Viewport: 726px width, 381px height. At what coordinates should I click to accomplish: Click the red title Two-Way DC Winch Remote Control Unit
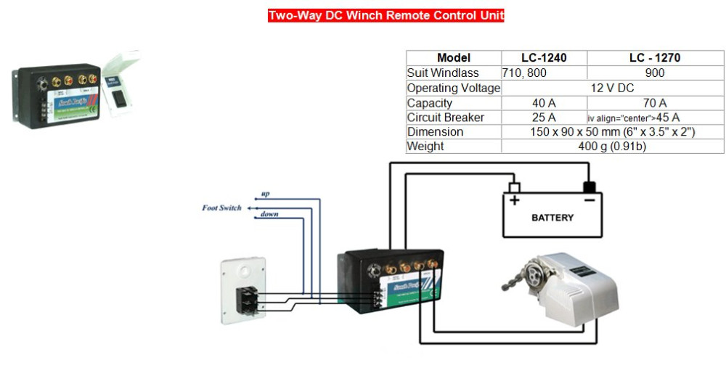[386, 15]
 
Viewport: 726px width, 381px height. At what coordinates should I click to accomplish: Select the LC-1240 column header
[544, 58]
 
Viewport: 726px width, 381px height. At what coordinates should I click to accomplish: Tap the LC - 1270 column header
[655, 58]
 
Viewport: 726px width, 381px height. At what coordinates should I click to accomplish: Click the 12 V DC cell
[612, 88]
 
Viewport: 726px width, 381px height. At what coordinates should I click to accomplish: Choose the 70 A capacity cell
[655, 103]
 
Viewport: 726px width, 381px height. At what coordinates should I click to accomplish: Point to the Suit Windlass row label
[443, 73]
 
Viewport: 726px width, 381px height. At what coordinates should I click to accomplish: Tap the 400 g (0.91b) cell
[612, 147]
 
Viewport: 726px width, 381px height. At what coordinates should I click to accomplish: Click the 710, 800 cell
[524, 73]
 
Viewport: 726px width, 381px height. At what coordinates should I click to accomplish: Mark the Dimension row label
[435, 132]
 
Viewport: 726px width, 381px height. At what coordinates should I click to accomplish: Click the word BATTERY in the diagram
[552, 218]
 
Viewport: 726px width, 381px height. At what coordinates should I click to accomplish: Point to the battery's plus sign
[515, 200]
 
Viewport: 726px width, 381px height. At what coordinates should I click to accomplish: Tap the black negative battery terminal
[590, 187]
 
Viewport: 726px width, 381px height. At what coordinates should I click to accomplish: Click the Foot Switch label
[221, 208]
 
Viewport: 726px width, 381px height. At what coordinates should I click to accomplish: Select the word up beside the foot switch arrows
[266, 195]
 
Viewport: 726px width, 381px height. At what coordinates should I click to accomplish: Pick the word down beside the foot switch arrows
[269, 215]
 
